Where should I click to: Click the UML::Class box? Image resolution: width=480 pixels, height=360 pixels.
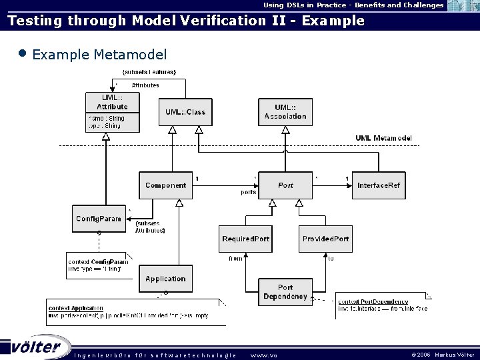[x=185, y=112]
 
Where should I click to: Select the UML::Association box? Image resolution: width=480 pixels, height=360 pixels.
[x=285, y=112]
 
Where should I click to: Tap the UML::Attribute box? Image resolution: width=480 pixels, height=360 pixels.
[x=113, y=112]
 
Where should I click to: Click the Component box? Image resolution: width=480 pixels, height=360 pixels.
[x=165, y=185]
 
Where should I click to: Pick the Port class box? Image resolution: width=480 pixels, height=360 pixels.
[x=285, y=185]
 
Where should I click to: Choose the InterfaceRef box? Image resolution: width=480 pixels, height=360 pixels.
[x=379, y=185]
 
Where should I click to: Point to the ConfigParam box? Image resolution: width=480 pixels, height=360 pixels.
[x=99, y=219]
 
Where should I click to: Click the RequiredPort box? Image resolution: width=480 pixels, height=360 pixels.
[x=245, y=239]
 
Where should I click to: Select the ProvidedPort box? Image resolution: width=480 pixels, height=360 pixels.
[x=325, y=239]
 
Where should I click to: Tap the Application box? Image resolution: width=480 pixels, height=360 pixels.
[x=165, y=279]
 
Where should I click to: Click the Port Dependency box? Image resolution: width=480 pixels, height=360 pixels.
[x=285, y=292]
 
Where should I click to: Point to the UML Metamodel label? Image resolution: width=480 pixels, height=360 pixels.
[x=383, y=138]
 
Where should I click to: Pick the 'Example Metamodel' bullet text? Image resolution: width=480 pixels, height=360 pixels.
[x=99, y=55]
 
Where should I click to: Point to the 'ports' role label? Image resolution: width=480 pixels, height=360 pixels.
[x=248, y=192]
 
